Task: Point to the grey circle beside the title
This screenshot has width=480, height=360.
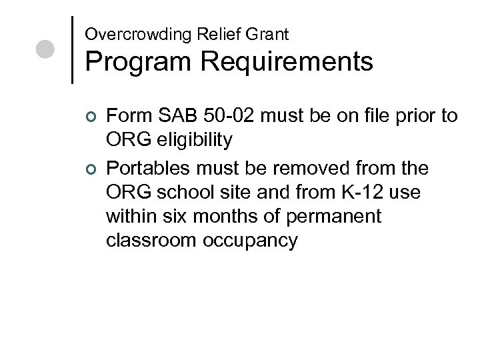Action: point(45,50)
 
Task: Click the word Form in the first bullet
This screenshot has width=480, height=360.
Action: point(127,117)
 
